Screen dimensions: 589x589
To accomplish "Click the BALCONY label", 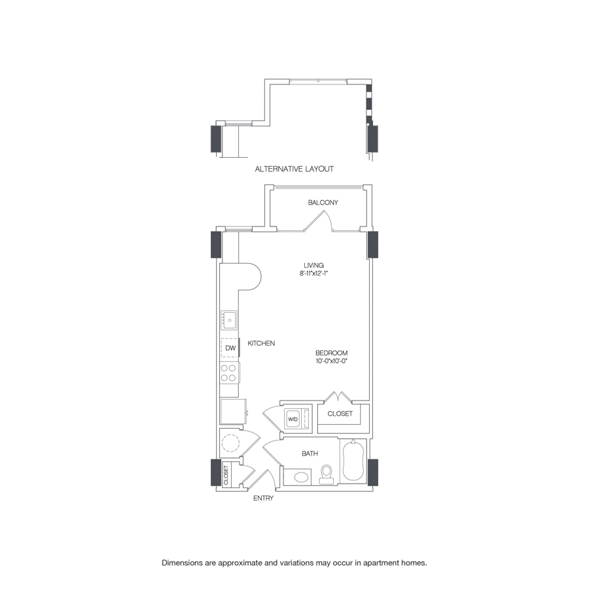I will click(323, 203).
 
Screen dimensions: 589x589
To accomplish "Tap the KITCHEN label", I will click(261, 343).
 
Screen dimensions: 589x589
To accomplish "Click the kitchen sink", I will click(229, 319).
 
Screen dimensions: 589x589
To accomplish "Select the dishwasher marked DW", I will click(230, 348).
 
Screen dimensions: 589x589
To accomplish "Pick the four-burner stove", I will click(229, 373).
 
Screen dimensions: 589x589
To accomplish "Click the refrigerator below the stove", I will click(232, 412).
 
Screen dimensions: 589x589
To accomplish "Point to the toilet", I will click(327, 475).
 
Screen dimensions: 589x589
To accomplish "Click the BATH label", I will click(310, 453).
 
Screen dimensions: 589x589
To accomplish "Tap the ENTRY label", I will click(263, 498).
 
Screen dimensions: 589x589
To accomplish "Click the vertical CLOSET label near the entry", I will click(226, 474).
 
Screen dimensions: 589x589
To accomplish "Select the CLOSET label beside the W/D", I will click(340, 414).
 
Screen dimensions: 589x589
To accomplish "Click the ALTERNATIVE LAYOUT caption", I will click(294, 169).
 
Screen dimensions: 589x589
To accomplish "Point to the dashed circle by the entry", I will click(230, 444).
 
